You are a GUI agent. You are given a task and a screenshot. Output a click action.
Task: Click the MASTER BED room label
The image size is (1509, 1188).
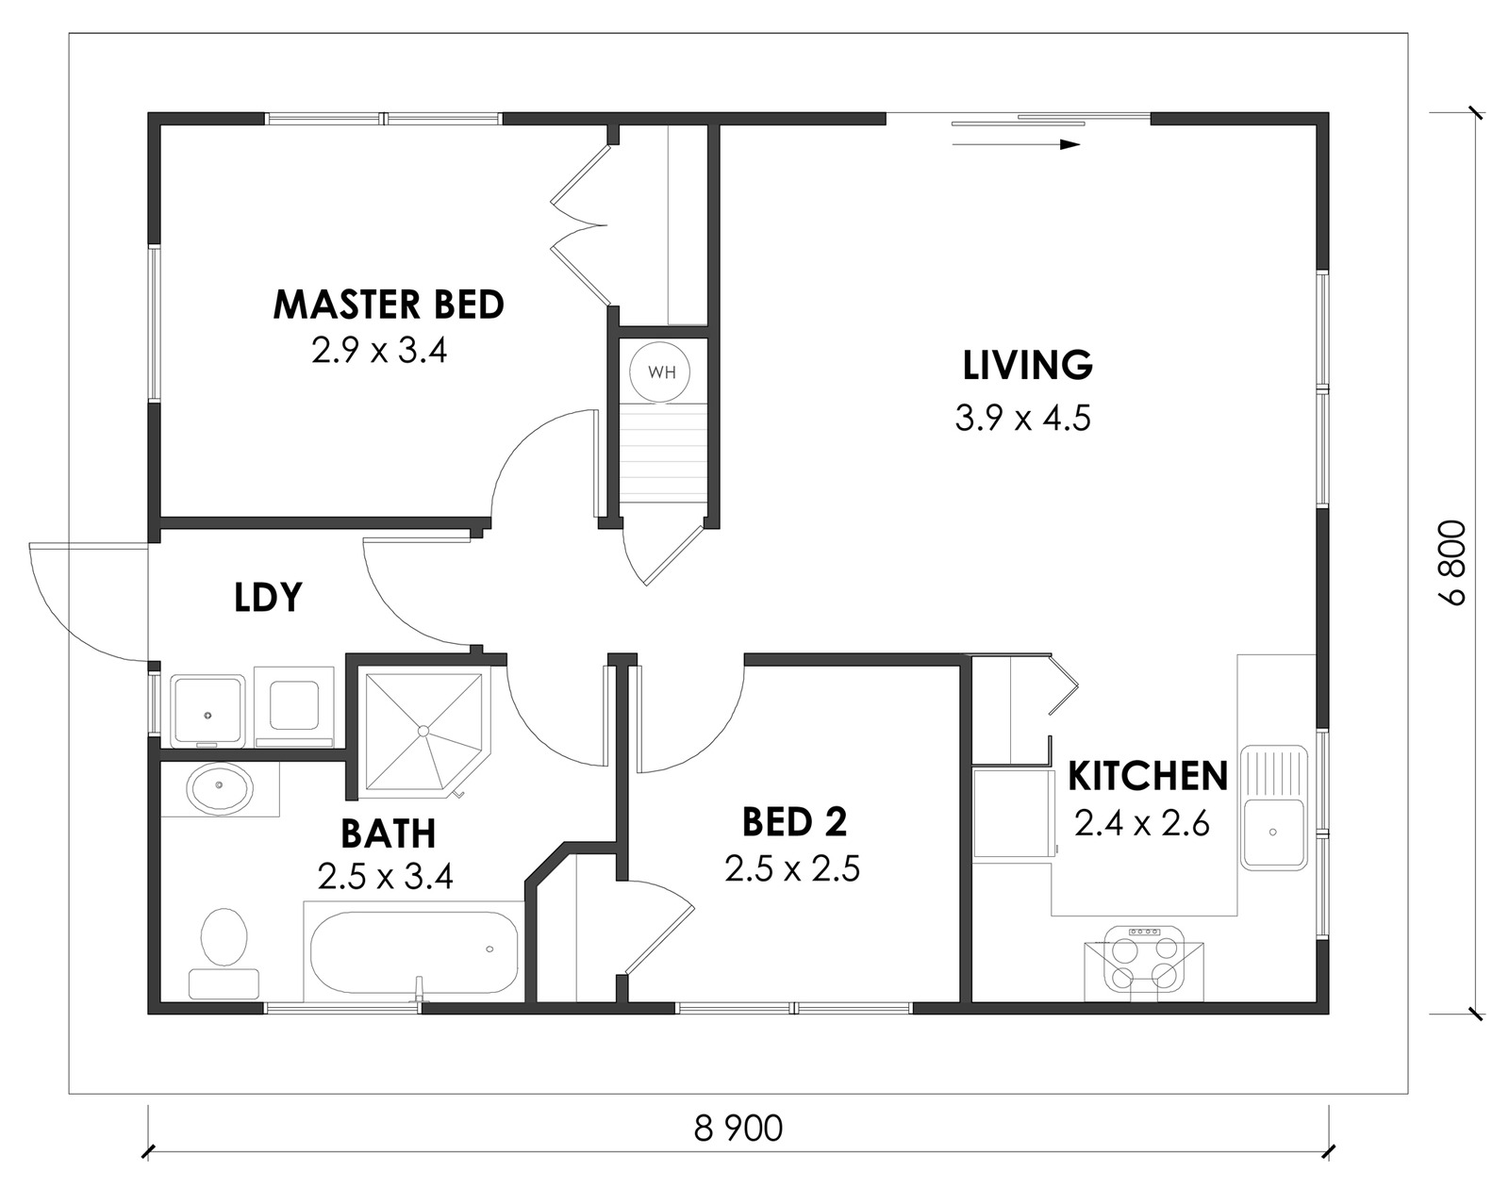tap(389, 305)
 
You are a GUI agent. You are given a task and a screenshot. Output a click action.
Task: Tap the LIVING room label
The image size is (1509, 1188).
tap(1027, 365)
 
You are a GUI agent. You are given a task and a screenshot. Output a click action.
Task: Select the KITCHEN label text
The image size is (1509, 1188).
tap(1148, 776)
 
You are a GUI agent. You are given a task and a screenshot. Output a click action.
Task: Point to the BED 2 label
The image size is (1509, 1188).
tap(794, 822)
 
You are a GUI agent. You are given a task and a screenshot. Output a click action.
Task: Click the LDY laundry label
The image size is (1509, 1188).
tap(268, 597)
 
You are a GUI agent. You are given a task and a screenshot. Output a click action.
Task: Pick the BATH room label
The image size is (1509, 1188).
tap(389, 833)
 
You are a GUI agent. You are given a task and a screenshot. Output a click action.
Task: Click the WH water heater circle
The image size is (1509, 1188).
tap(659, 372)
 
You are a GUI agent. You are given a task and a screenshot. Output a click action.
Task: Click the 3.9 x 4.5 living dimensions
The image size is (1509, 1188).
tap(1023, 418)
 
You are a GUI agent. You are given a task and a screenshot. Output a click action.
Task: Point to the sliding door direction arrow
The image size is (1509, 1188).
tap(1016, 145)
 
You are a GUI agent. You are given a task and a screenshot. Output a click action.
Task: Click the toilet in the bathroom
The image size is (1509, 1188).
tap(224, 953)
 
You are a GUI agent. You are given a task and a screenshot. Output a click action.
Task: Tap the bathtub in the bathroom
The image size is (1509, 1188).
tap(414, 951)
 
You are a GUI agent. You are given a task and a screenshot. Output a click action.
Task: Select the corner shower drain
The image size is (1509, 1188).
tap(423, 731)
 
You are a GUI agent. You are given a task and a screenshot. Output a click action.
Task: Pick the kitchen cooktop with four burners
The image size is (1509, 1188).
tap(1144, 962)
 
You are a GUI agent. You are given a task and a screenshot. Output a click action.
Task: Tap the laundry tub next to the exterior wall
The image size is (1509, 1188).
tap(207, 710)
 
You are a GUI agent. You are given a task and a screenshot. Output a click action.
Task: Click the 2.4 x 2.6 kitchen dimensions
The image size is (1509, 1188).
tap(1142, 824)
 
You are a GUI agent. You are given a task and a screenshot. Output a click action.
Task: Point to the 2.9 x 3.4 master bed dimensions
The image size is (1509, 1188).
tap(379, 350)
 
